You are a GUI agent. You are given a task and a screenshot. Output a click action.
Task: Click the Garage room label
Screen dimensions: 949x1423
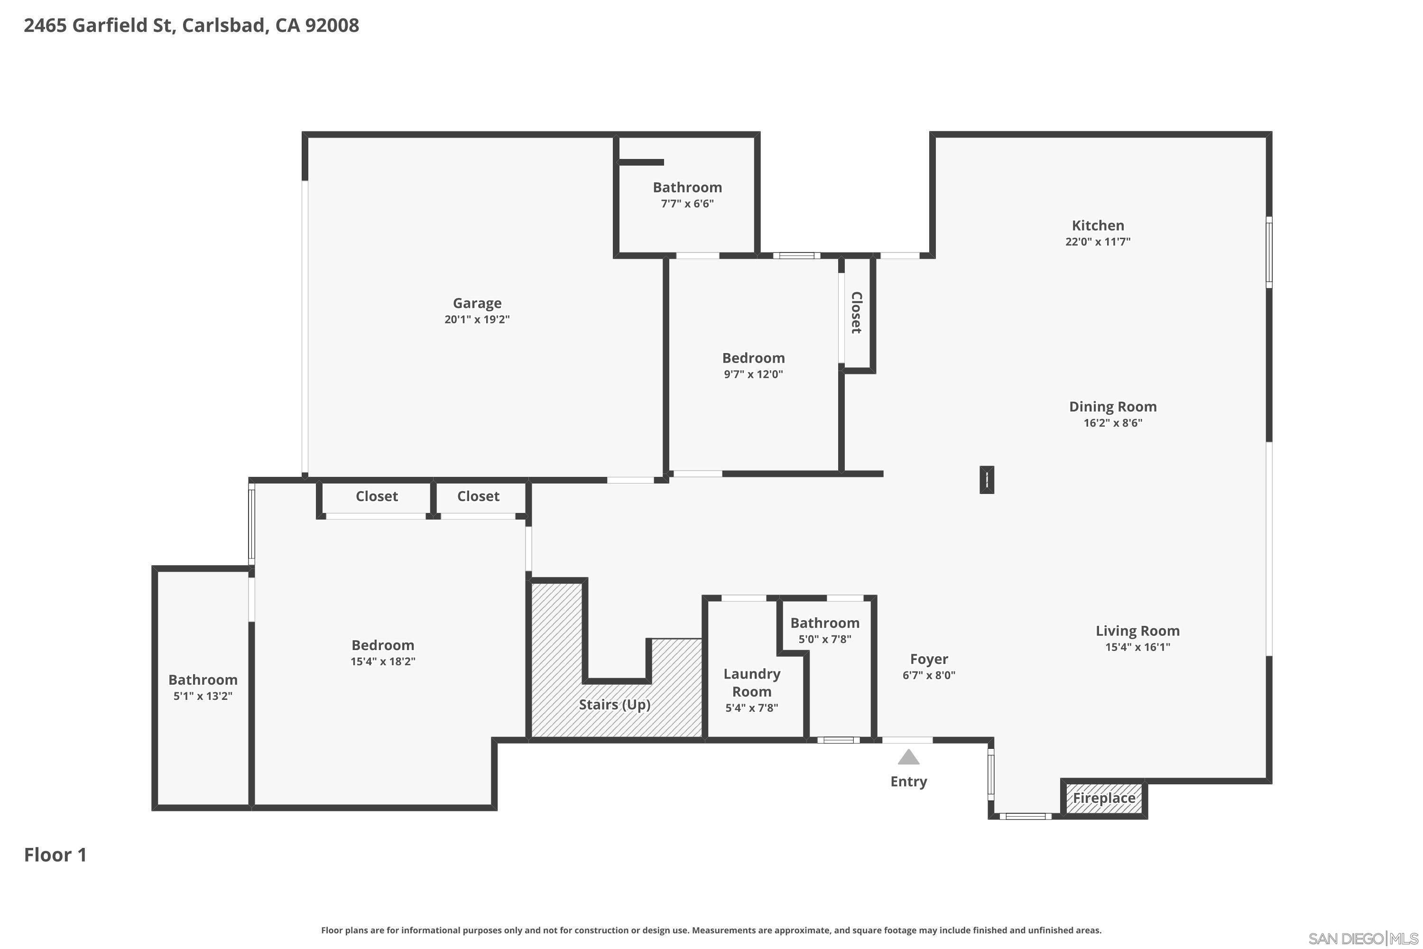(x=477, y=303)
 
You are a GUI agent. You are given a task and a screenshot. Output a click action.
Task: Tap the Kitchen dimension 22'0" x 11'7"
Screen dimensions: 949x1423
(x=1098, y=242)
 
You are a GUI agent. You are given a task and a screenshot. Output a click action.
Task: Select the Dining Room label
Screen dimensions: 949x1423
(x=1113, y=407)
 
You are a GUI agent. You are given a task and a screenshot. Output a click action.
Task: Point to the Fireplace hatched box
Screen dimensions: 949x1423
(x=1104, y=798)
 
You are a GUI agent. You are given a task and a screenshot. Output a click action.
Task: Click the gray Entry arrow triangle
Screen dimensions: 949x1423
(x=908, y=758)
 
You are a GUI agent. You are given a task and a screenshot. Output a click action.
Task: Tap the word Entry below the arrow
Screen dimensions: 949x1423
(x=908, y=782)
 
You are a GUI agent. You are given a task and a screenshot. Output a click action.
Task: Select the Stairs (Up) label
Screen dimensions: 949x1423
(x=614, y=705)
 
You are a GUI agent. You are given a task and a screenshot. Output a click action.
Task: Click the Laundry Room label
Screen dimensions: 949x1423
(x=751, y=683)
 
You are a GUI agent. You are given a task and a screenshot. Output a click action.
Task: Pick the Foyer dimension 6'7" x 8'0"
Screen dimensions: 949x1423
(x=929, y=675)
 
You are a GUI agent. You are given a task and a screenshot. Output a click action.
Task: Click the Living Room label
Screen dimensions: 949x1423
(x=1137, y=631)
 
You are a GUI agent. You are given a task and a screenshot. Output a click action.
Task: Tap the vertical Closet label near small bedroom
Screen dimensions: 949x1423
(x=856, y=312)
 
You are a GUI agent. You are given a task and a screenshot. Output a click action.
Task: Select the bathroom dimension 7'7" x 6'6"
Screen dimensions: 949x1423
(x=687, y=204)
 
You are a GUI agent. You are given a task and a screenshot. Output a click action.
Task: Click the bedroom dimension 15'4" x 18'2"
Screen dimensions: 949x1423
(x=382, y=661)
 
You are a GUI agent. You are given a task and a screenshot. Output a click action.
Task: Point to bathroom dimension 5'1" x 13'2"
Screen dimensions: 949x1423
(x=203, y=696)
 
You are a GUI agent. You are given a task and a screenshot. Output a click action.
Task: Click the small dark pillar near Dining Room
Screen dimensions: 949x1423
(x=986, y=480)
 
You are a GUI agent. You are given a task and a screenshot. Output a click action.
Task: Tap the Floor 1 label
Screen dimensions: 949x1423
(x=55, y=855)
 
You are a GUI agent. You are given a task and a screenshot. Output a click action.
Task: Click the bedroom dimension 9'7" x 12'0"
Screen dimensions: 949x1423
(x=753, y=374)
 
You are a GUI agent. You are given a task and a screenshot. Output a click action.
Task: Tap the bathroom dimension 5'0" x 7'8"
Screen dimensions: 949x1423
(x=825, y=639)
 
